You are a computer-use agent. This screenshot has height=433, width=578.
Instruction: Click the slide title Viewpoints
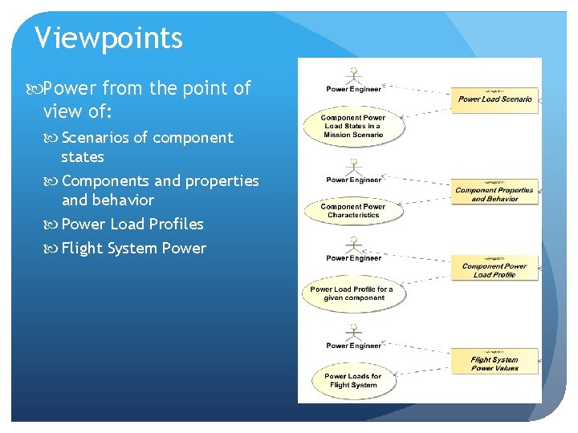click(x=109, y=37)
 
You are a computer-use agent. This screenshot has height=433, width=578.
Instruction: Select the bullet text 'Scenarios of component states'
click(x=147, y=147)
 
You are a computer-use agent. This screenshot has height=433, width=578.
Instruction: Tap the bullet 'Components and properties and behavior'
click(x=160, y=190)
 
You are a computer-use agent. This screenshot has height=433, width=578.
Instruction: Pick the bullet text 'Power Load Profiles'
click(x=132, y=224)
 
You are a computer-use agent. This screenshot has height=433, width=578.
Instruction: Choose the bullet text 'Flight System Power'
click(x=133, y=248)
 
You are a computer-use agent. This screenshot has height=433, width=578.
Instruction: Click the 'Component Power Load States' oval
click(x=353, y=126)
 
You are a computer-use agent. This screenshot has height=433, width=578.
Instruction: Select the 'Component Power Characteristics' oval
click(x=353, y=211)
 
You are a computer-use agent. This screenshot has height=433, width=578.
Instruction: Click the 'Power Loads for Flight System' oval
click(x=353, y=380)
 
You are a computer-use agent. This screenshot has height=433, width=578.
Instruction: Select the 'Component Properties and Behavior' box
click(x=495, y=192)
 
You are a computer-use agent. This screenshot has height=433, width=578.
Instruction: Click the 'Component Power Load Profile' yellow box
click(x=495, y=269)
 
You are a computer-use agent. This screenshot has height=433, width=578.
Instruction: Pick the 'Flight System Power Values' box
click(x=495, y=362)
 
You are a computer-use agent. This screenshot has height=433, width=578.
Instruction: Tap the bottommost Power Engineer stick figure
click(x=353, y=330)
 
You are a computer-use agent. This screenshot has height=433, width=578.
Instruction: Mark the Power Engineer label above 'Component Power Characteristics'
click(x=353, y=180)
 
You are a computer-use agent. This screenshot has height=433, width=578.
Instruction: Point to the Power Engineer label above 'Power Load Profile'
click(x=353, y=258)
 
